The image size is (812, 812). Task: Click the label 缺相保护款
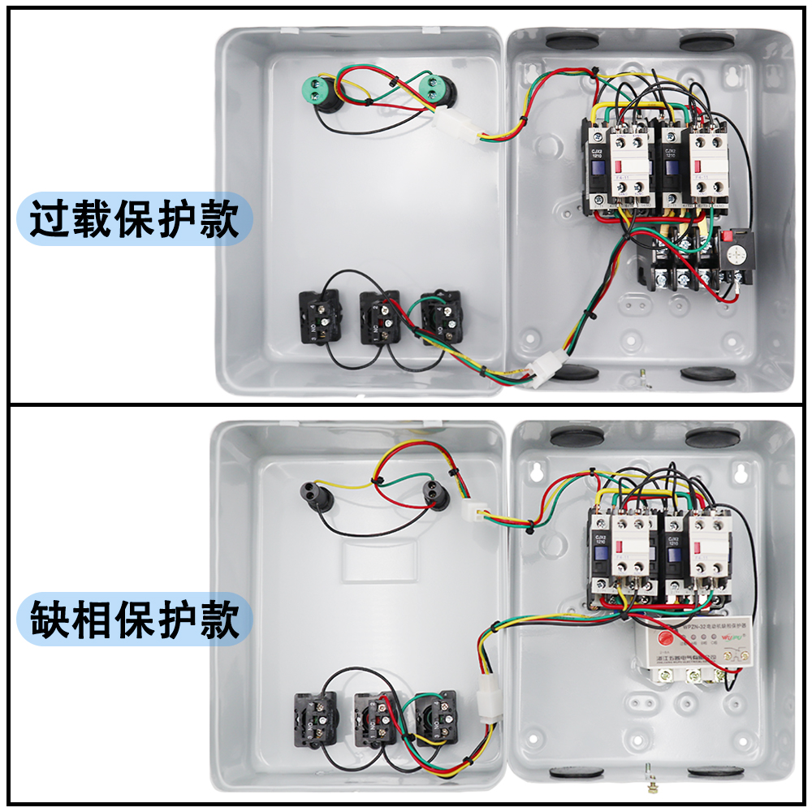(134, 621)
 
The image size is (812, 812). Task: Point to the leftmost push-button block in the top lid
(320, 317)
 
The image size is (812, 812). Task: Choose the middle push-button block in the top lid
(379, 317)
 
